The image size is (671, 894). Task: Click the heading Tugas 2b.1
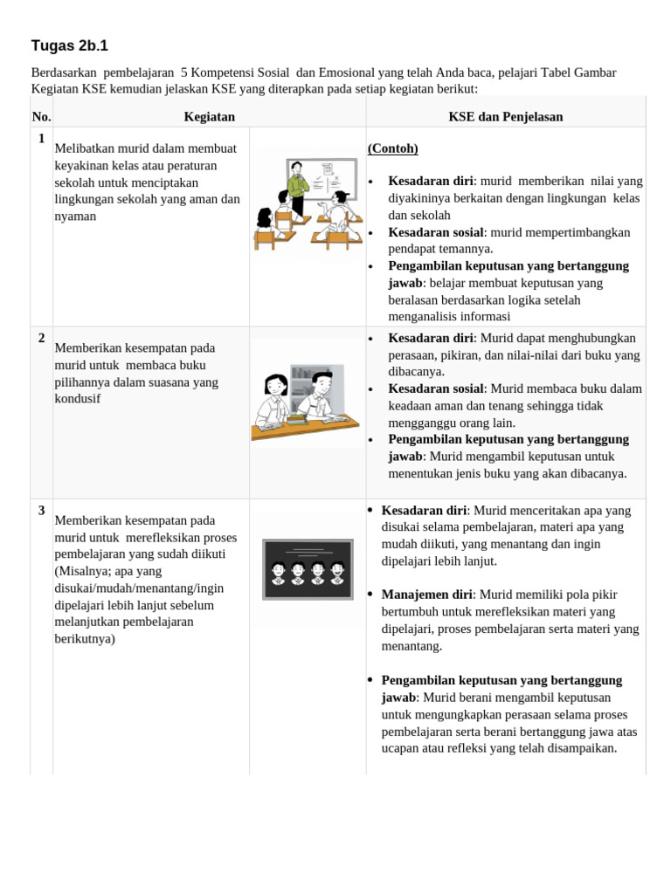click(70, 46)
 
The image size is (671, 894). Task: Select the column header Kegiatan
click(209, 116)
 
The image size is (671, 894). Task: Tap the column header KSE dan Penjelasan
click(505, 116)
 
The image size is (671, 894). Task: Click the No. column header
click(41, 116)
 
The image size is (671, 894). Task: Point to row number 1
click(41, 137)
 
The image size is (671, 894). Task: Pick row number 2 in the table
click(41, 338)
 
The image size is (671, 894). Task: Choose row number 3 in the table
click(41, 511)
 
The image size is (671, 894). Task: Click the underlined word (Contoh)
click(393, 148)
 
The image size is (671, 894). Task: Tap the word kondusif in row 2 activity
click(77, 399)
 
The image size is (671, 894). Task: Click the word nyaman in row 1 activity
click(75, 216)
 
